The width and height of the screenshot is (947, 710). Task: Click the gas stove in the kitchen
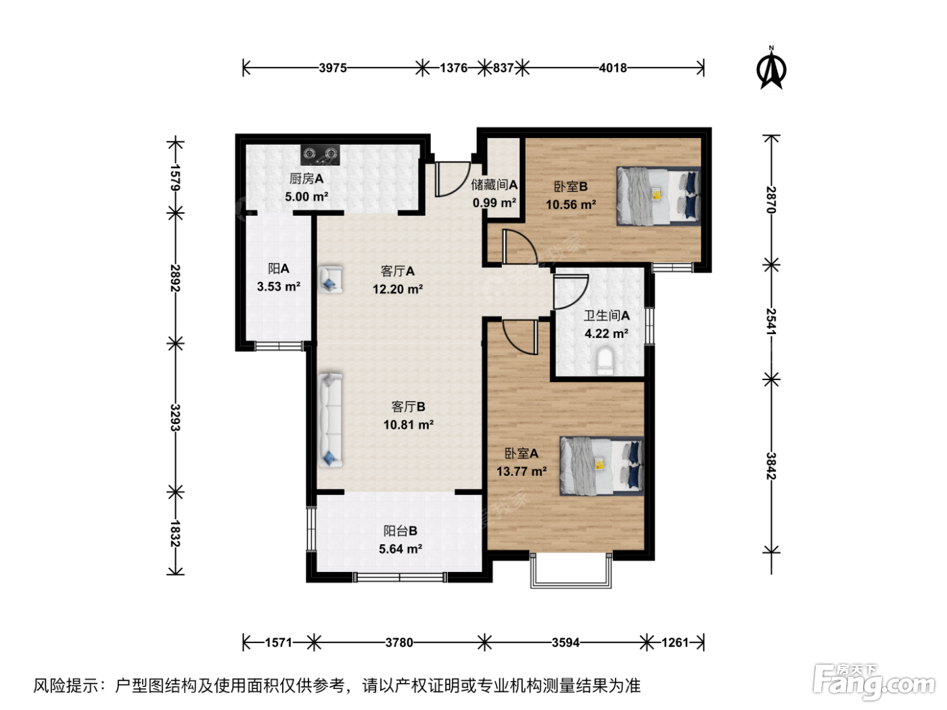click(x=320, y=154)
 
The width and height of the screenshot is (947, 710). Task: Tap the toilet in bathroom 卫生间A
click(x=605, y=361)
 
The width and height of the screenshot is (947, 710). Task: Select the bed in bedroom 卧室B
click(x=658, y=195)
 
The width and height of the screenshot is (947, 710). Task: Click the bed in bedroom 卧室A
click(x=601, y=466)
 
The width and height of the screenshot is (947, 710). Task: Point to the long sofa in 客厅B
click(x=330, y=420)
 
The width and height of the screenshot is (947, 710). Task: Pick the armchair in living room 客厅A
click(x=330, y=279)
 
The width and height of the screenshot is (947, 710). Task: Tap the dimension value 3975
click(x=333, y=68)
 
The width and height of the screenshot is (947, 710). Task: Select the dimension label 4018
click(x=613, y=68)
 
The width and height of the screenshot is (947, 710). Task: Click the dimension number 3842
click(x=771, y=466)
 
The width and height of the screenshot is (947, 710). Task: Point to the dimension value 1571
click(x=279, y=643)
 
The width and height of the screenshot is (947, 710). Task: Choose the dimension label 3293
click(x=175, y=417)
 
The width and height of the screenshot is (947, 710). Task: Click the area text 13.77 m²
click(x=522, y=471)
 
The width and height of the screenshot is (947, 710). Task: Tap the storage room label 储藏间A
click(x=494, y=185)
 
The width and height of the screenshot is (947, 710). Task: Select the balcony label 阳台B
click(x=400, y=531)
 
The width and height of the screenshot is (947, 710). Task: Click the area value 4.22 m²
click(x=606, y=333)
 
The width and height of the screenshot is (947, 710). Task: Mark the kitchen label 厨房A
click(x=306, y=179)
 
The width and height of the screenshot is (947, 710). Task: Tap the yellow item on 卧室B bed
click(x=657, y=195)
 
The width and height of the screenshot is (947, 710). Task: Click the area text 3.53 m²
click(x=279, y=286)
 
